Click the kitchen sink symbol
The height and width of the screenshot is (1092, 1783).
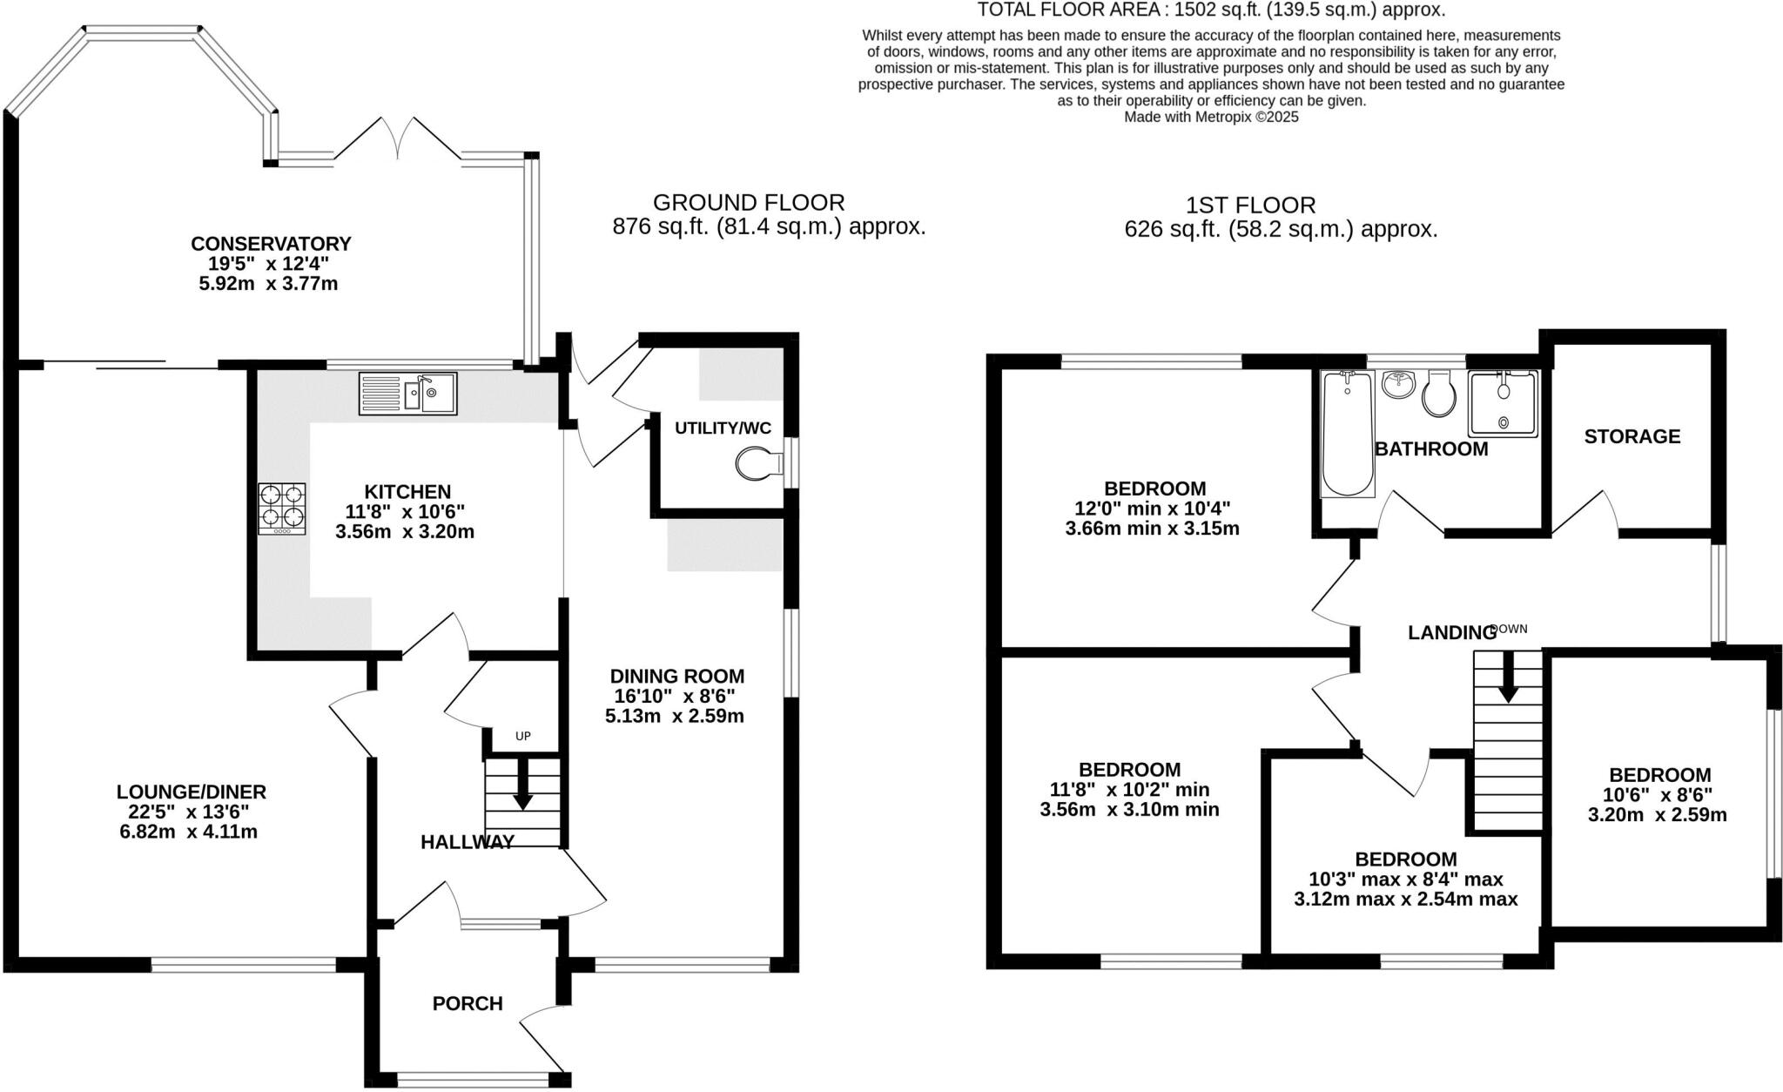pos(407,394)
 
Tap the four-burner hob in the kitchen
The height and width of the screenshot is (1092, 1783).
pos(282,509)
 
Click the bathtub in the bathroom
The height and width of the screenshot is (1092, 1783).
pos(1347,434)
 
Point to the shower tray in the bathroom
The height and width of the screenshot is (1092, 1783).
pos(1503,403)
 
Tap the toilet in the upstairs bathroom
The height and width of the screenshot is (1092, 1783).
pos(1439,394)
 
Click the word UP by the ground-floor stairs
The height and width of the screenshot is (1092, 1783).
pos(522,736)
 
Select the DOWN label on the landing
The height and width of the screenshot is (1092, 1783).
pos(1509,629)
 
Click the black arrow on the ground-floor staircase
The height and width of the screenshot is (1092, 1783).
pos(522,784)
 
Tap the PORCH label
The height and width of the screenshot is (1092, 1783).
pos(468,1003)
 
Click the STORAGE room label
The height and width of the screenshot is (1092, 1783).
pos(1632,436)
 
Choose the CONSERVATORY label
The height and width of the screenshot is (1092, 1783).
pos(271,243)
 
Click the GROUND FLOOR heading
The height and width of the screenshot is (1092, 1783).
pos(749,203)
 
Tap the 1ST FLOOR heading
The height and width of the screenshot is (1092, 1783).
pos(1250,206)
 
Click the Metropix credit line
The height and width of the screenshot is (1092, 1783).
pos(1211,117)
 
